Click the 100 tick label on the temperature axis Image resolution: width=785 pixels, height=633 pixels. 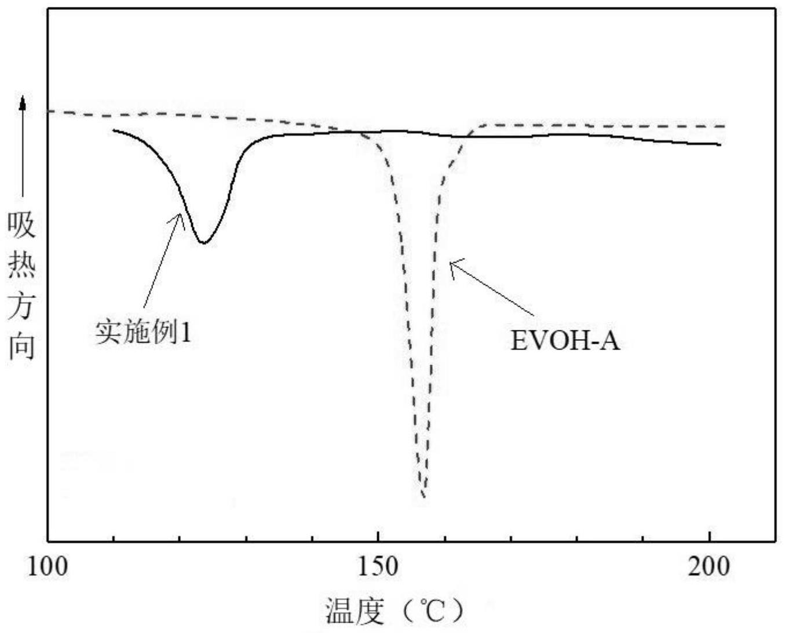[x=48, y=566]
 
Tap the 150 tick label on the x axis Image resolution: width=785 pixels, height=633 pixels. [x=378, y=566]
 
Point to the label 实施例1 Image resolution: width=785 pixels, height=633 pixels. [x=143, y=333]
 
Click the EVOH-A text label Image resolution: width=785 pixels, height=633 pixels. [x=565, y=340]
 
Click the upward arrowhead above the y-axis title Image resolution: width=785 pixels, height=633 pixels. [x=23, y=103]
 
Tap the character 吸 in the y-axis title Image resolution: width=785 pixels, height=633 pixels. [x=22, y=225]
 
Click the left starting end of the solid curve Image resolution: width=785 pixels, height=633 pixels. [x=114, y=130]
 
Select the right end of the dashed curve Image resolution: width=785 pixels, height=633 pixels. [x=724, y=126]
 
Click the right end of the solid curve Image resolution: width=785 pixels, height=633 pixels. [x=720, y=144]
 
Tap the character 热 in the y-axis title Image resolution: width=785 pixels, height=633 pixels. [x=22, y=265]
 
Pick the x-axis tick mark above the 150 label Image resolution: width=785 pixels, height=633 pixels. [x=378, y=537]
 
